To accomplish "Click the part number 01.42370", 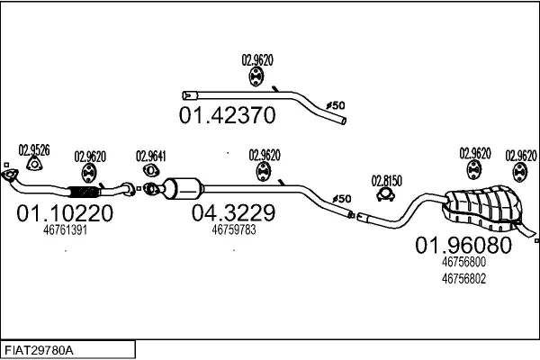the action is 228,115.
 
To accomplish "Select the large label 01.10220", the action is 65,213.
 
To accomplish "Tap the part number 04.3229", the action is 233,212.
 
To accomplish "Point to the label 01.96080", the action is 463,245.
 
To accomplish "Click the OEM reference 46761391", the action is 65,230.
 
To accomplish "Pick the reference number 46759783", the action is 234,229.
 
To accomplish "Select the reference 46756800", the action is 463,262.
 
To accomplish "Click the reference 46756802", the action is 463,278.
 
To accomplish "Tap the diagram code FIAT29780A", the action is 39,350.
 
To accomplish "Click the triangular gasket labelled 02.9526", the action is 34,164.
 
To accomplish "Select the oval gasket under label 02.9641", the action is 150,170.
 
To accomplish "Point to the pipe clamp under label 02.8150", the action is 386,195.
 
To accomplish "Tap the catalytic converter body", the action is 184,188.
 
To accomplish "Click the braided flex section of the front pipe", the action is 83,192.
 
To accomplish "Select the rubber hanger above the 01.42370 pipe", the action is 256,76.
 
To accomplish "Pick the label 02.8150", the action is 386,181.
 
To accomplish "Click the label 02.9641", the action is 151,157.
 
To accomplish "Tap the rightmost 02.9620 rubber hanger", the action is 519,172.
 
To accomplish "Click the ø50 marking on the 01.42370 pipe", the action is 335,105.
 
